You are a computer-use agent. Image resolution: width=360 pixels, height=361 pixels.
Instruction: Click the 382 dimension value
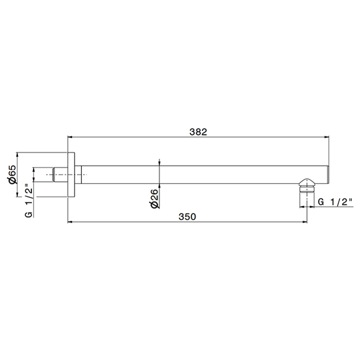pos(198,132)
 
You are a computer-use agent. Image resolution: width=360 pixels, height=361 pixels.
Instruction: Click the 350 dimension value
pos(187,217)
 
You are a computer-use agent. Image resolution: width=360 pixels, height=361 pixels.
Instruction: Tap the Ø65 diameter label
pos(13,174)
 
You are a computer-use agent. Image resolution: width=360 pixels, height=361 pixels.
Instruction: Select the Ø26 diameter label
pos(155,199)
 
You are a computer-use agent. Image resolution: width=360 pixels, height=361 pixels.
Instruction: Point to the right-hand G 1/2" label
pos(335,202)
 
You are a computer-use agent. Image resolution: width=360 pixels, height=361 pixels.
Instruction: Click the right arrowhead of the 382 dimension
pos(327,137)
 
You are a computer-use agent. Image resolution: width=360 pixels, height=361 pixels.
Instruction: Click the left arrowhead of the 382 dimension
pos(70,137)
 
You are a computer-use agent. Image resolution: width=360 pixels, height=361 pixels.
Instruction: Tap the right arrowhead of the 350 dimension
pos(304,222)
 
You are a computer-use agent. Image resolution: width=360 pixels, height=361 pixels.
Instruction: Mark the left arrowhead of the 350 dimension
pos(70,222)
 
